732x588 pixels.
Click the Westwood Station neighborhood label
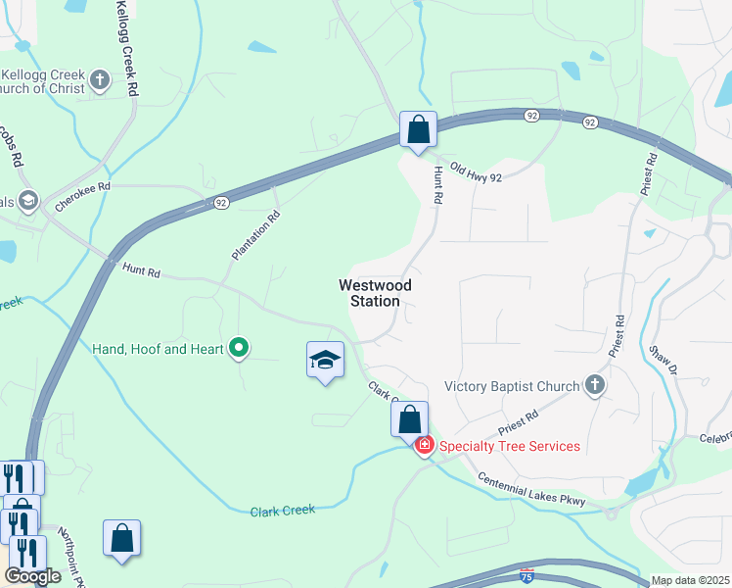coord(375,293)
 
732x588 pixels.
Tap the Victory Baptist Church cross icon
coord(594,385)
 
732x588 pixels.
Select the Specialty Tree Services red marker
coord(425,446)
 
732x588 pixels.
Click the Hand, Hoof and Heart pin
coord(238,348)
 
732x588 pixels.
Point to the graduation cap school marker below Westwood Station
coord(325,361)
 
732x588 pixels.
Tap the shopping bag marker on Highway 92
coord(418,129)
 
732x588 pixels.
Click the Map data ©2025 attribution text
coord(691,580)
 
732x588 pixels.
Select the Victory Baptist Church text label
coord(512,386)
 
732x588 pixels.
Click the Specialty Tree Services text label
coord(509,447)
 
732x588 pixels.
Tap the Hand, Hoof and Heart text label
coord(158,348)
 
